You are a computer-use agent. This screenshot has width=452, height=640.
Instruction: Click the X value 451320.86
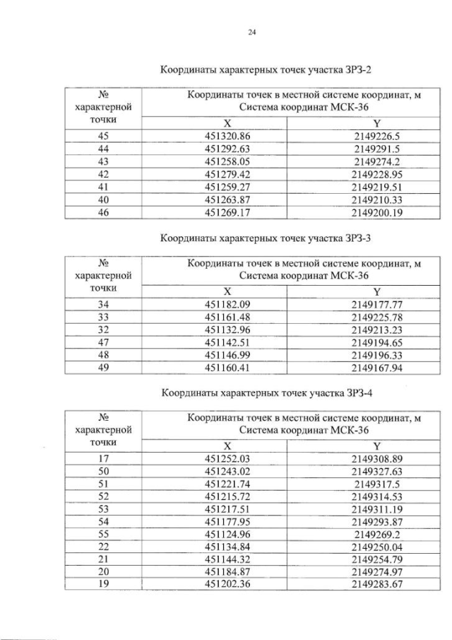coord(227,136)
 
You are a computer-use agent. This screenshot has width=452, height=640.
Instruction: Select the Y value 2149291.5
coord(376,149)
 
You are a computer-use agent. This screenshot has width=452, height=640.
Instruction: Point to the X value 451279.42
coord(227,174)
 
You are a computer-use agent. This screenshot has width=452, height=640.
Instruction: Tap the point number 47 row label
coord(104,342)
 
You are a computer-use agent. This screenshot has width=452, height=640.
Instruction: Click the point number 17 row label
coord(104,459)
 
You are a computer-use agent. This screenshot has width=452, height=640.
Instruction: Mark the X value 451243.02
coord(227,471)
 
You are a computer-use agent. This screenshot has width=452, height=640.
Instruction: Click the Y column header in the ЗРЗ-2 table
coord(376,123)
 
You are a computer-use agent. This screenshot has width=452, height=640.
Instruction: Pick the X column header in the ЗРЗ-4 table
coord(227,446)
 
